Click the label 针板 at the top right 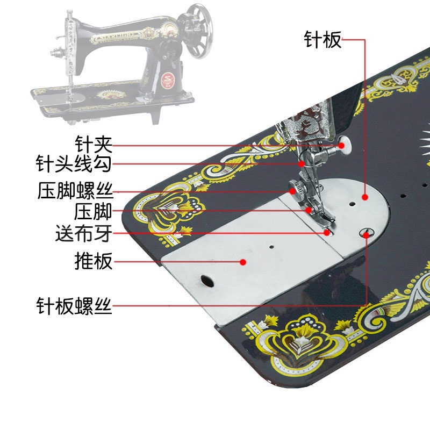click(322, 39)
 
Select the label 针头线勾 click(74, 163)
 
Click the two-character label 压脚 click(94, 211)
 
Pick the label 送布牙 click(84, 234)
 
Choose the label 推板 click(94, 262)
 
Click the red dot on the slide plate click(243, 262)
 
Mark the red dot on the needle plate click(365, 197)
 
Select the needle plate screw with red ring click(367, 233)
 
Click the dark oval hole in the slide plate click(206, 279)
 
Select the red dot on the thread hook click(302, 163)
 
